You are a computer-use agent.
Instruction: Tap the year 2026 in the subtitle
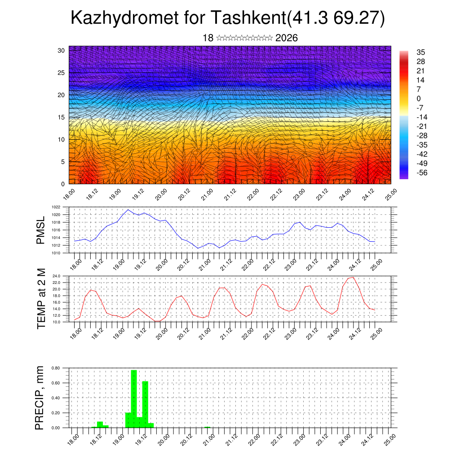287,38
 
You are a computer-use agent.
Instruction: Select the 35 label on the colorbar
421,52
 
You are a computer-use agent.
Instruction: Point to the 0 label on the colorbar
419,98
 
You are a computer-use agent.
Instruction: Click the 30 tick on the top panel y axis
61,50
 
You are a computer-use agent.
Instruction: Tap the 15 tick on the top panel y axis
61,117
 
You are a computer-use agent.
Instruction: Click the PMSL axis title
41,230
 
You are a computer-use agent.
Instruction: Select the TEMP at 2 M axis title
41,299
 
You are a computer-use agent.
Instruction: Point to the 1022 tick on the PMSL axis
56,207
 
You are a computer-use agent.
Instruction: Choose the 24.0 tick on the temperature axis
56,276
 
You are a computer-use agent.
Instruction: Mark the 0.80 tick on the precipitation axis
56,368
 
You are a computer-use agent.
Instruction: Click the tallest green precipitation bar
133,398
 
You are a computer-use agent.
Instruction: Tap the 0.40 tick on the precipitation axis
56,398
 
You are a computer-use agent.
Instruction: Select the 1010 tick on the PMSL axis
56,253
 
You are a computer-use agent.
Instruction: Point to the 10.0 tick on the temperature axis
56,322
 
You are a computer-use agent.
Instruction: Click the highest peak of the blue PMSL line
128,210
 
